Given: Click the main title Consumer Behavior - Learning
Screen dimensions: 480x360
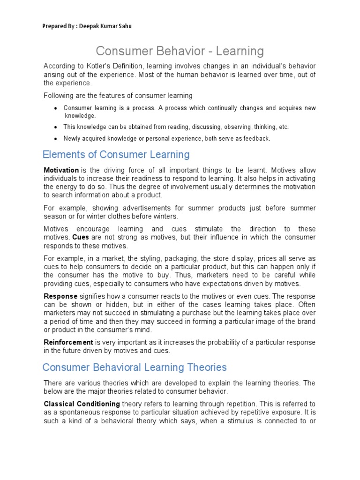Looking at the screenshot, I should pyautogui.click(x=180, y=51).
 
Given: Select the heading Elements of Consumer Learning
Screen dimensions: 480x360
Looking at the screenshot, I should pyautogui.click(x=116, y=154).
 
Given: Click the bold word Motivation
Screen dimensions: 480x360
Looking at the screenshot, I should pyautogui.click(x=61, y=170).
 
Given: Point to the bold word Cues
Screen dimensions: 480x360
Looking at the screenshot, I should pyautogui.click(x=81, y=237).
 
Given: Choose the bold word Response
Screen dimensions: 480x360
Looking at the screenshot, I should pyautogui.click(x=60, y=296).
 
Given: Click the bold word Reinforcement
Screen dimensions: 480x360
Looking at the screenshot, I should pyautogui.click(x=68, y=342).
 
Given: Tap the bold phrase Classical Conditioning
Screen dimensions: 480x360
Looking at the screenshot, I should pyautogui.click(x=82, y=404).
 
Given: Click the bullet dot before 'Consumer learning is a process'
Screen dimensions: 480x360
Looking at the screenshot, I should pyautogui.click(x=56, y=109).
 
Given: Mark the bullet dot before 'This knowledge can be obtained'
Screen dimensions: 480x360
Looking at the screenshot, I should pyautogui.click(x=56, y=127).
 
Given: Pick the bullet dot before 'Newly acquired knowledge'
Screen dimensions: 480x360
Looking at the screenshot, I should pyautogui.click(x=56, y=139).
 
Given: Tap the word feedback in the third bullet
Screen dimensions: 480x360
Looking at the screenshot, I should pyautogui.click(x=256, y=139).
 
